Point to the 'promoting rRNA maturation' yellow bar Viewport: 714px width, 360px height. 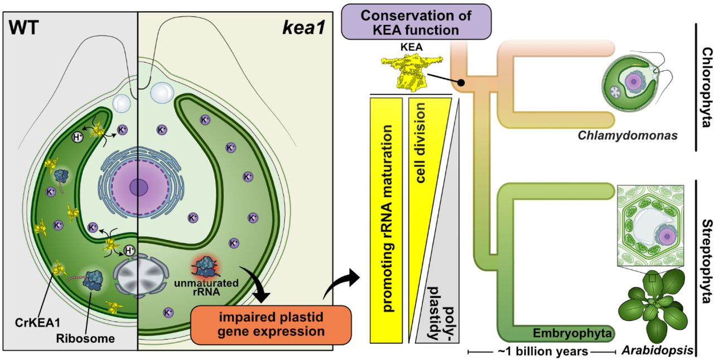click(386, 220)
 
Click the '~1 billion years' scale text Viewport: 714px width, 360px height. click(541, 352)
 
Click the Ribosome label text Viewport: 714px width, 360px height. click(84, 339)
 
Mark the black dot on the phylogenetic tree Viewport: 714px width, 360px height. click(461, 83)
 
